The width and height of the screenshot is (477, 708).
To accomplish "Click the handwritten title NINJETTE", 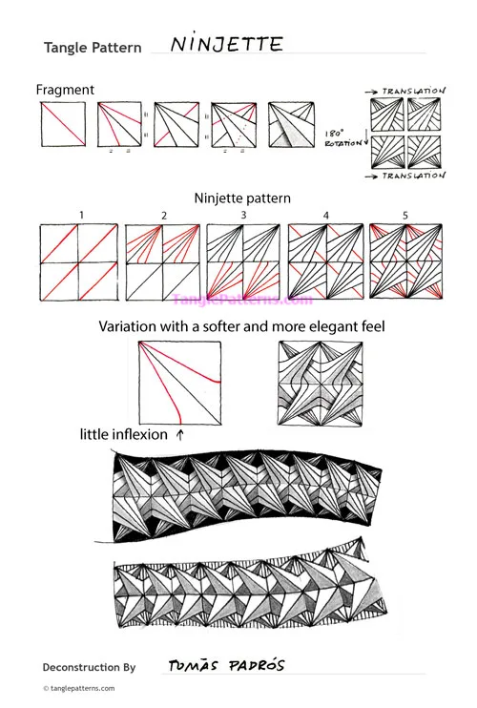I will (x=225, y=44).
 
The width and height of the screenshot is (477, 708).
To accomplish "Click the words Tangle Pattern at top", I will (x=93, y=48).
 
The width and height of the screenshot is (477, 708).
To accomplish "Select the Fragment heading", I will (x=65, y=90).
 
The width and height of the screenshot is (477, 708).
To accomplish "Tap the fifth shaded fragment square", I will (x=293, y=125).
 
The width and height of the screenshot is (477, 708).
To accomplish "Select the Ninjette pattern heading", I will (x=242, y=198).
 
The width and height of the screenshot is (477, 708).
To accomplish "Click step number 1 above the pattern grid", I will (x=82, y=216).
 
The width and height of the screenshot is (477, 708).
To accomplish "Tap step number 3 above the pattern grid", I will (x=243, y=216).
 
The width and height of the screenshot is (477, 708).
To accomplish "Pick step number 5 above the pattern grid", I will (x=404, y=216).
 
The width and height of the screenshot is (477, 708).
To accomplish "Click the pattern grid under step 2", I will (x=163, y=262).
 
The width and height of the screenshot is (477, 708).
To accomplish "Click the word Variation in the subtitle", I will (x=132, y=326).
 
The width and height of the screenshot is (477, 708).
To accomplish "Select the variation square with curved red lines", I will (x=179, y=382).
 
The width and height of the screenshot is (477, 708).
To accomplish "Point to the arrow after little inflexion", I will (x=180, y=434).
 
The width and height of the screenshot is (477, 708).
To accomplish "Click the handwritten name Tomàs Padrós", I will (x=225, y=665).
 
